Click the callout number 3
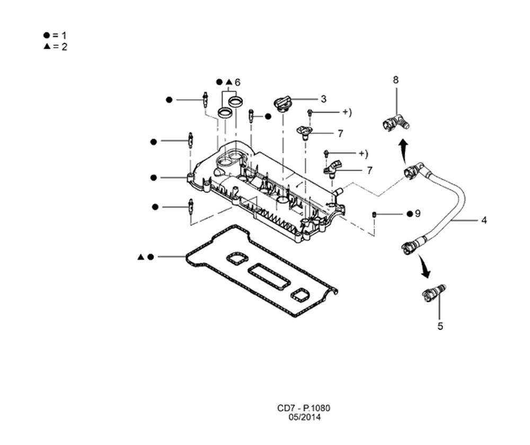click(323, 99)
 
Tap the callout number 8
click(396, 80)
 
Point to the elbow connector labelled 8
click(396, 123)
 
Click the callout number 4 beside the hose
click(484, 220)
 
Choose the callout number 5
click(440, 326)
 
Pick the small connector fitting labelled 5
click(434, 292)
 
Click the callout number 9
click(418, 213)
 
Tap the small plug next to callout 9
click(375, 214)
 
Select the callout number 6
click(237, 83)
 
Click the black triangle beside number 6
click(229, 82)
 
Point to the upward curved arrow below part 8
click(403, 150)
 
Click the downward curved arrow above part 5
click(424, 266)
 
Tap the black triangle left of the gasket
click(141, 257)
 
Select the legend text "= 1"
click(59, 35)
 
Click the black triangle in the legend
click(47, 46)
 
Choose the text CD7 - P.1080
click(304, 408)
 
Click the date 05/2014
click(305, 417)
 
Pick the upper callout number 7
click(340, 134)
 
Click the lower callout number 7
click(369, 171)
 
